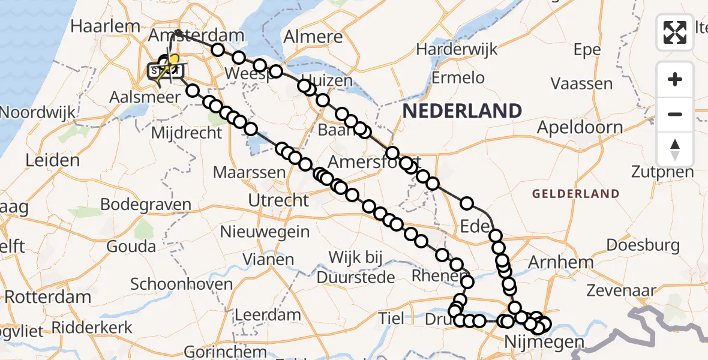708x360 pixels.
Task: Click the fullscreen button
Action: coord(675,32)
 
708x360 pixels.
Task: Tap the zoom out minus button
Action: coord(675,114)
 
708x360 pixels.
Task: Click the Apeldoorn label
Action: coord(580,127)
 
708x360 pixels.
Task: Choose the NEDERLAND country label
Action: coord(461,111)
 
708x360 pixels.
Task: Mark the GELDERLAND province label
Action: coord(575,193)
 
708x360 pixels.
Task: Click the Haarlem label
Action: coord(105,26)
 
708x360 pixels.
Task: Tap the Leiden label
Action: coord(53,161)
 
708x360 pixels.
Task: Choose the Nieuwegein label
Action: coord(265,232)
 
